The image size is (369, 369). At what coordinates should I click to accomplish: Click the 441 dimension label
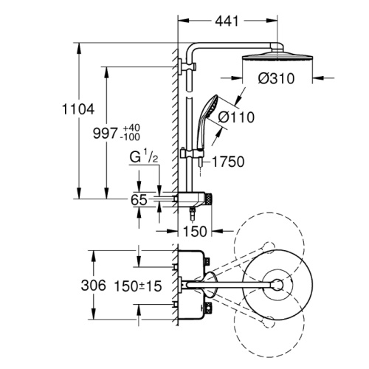pyautogui.click(x=227, y=21)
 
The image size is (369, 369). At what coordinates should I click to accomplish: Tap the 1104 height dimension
pyautogui.click(x=78, y=109)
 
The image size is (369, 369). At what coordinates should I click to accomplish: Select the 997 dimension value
pyautogui.click(x=105, y=134)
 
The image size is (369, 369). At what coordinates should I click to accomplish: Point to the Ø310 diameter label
pyautogui.click(x=276, y=79)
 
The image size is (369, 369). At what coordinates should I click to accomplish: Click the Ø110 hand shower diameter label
pyautogui.click(x=236, y=117)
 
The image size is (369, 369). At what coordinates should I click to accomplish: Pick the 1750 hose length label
pyautogui.click(x=228, y=162)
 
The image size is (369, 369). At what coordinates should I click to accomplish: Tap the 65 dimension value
pyautogui.click(x=139, y=200)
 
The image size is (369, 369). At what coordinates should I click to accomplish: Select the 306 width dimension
pyautogui.click(x=94, y=286)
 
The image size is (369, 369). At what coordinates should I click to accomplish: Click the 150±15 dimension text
pyautogui.click(x=138, y=286)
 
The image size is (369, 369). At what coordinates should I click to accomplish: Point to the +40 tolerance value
pyautogui.click(x=131, y=128)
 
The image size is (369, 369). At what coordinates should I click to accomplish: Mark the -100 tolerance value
pyautogui.click(x=130, y=137)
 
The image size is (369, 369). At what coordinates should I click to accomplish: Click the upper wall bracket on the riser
pyautogui.click(x=187, y=66)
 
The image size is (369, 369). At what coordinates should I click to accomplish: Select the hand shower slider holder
pyautogui.click(x=193, y=154)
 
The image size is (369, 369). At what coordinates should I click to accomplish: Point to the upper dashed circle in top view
pyautogui.click(x=269, y=247)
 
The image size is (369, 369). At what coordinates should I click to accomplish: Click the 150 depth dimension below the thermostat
pyautogui.click(x=195, y=231)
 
